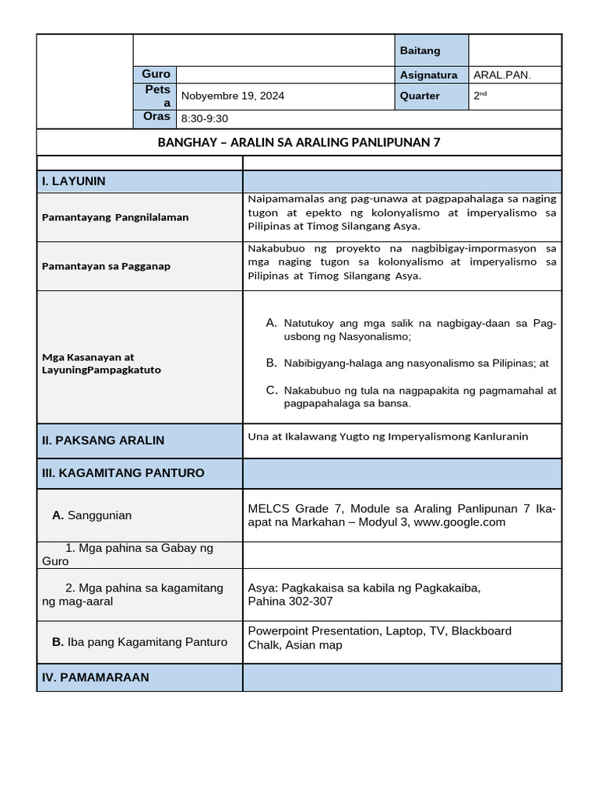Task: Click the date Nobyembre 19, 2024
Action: (x=232, y=96)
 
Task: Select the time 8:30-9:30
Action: (x=204, y=119)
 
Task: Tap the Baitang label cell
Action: (x=420, y=51)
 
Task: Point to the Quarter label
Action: (x=420, y=96)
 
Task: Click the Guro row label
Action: (x=156, y=74)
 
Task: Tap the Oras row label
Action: (x=157, y=117)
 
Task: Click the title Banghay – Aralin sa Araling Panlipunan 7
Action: (x=299, y=142)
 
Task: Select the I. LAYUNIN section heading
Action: (x=74, y=181)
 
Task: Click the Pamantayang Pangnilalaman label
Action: (x=115, y=217)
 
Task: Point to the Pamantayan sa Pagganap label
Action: (x=106, y=265)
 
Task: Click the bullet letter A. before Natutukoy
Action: (x=271, y=322)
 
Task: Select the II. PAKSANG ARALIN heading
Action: (x=103, y=441)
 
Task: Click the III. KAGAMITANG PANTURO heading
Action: (x=123, y=473)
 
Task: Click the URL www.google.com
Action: (x=459, y=522)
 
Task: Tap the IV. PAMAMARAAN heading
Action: (x=95, y=678)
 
